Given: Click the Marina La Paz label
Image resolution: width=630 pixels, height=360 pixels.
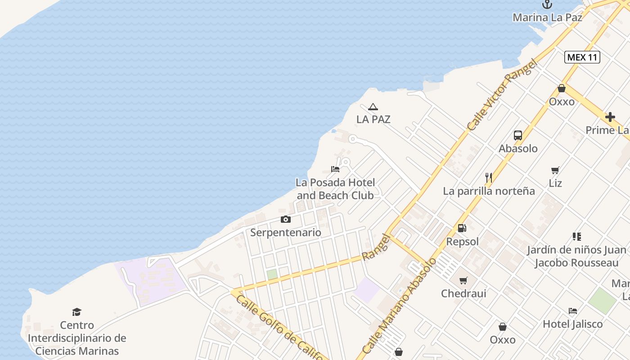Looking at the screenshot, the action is click(547, 18).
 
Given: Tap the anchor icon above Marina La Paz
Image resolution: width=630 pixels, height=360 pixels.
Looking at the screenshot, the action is click(547, 4).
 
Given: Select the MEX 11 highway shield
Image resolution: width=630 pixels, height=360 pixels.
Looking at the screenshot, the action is click(582, 57).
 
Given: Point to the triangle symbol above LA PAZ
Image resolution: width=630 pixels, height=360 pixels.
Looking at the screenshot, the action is click(373, 107).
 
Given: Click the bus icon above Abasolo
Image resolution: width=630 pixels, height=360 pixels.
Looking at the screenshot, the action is click(518, 135).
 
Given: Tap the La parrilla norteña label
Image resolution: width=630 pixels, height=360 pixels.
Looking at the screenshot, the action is click(489, 191).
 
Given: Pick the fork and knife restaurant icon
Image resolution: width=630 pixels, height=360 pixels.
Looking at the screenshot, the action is click(489, 178).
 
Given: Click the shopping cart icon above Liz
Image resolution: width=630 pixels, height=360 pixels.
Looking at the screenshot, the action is click(555, 170).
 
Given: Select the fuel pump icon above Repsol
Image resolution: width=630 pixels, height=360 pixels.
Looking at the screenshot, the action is click(462, 228).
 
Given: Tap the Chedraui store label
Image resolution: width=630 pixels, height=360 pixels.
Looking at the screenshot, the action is click(463, 294).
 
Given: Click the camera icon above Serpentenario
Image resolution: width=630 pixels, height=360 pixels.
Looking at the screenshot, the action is click(285, 220).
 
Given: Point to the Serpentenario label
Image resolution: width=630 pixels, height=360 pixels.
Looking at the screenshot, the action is click(286, 233).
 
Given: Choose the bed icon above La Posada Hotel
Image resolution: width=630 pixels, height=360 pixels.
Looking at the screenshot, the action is click(335, 169).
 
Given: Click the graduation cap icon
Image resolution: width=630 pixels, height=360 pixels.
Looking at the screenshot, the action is click(77, 312).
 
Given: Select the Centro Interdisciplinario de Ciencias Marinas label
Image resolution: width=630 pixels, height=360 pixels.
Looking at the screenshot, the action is click(77, 338).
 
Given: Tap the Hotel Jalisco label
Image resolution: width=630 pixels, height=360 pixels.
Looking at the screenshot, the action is click(572, 324).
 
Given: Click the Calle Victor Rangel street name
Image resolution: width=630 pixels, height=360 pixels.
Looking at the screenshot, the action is click(503, 95).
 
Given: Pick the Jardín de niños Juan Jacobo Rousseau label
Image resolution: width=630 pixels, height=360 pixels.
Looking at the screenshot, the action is click(576, 256).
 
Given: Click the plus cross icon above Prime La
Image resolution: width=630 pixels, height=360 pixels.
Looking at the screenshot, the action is click(610, 117).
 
